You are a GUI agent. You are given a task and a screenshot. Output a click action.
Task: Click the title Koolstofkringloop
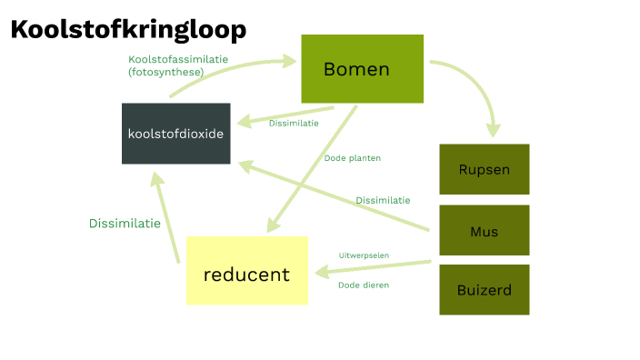[128, 30]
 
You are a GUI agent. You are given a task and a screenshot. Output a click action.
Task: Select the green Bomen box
[362, 69]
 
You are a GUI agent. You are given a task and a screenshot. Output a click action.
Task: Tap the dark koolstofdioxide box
[175, 133]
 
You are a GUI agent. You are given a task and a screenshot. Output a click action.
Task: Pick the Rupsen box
[484, 169]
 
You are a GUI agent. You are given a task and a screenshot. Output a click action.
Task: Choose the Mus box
[484, 231]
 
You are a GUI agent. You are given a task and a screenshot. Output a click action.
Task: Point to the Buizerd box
[484, 291]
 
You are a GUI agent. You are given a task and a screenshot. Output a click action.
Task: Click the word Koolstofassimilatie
[177, 59]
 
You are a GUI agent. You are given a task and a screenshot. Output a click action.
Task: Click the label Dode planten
[352, 158]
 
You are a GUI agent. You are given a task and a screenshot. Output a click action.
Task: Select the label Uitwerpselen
[364, 255]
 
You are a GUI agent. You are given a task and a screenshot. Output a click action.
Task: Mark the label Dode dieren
[364, 285]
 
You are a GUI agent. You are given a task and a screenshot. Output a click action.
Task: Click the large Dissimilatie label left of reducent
[125, 223]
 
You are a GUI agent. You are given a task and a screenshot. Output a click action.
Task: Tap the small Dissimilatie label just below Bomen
[293, 124]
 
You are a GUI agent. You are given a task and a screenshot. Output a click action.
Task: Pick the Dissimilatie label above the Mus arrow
[382, 200]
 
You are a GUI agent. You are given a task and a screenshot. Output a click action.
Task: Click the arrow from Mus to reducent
[373, 269]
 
